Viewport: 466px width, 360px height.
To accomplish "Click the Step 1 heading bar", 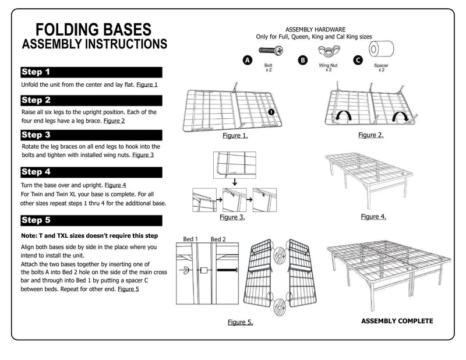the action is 91,72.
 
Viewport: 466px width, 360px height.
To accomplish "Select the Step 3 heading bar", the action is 91,135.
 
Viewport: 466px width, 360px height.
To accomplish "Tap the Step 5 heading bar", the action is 91,220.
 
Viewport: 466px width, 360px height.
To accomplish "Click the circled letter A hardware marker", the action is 248,61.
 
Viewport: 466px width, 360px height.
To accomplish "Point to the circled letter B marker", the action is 303,61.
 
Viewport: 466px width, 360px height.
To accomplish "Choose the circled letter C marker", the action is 358,61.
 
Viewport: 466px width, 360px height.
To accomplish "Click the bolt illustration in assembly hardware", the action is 270,50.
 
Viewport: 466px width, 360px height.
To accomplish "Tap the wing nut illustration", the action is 329,51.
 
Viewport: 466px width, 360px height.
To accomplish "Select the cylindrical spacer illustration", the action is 382,49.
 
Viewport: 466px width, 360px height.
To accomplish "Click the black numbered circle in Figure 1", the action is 271,112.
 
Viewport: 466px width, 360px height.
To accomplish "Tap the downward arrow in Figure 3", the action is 235,182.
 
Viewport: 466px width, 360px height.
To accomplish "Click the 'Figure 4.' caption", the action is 373,217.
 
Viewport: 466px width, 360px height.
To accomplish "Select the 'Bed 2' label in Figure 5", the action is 218,239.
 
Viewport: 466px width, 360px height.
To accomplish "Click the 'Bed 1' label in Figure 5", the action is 190,239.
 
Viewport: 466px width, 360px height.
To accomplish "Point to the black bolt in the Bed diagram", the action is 227,270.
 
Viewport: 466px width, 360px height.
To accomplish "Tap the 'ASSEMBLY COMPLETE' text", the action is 397,321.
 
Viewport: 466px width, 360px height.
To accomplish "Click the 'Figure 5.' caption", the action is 241,322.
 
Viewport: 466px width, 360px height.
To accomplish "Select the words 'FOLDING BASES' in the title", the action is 94,30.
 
